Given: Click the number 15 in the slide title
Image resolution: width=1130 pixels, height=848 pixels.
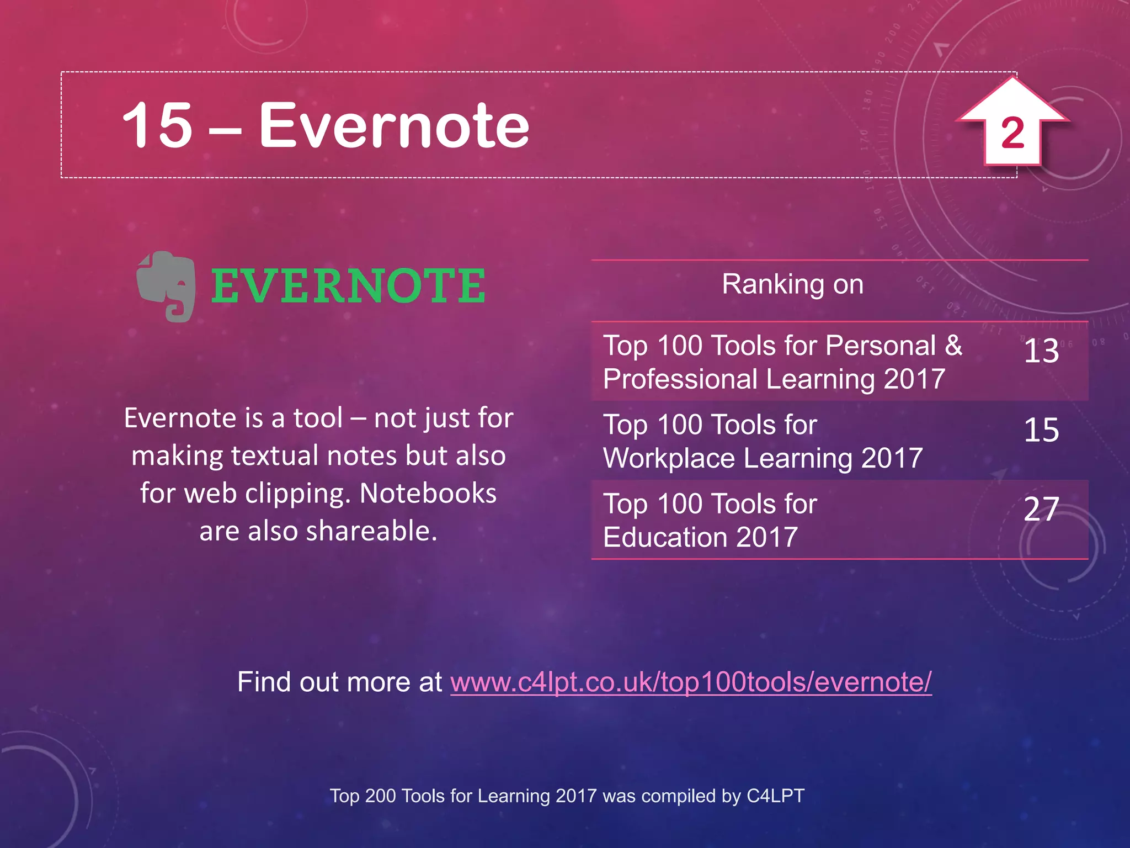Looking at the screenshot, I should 157,125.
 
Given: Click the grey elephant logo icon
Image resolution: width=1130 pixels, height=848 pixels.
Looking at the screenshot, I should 166,285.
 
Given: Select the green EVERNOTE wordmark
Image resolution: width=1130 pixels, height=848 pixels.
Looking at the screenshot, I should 348,285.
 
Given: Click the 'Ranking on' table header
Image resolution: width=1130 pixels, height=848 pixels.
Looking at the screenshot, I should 792,284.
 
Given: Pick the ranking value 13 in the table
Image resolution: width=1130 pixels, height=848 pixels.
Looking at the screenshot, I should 1041,351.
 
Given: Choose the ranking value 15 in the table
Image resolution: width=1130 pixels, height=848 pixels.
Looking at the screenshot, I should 1041,430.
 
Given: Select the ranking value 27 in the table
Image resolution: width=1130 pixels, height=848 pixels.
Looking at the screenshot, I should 1041,509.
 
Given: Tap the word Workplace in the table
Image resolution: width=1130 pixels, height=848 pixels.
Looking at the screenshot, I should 669,458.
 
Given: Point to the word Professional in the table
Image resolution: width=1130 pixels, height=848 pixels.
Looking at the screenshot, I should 680,379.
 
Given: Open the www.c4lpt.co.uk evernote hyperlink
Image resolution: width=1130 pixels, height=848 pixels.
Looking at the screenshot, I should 691,682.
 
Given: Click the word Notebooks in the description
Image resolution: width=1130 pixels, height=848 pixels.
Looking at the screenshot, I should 428,493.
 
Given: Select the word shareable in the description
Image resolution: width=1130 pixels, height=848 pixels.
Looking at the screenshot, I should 371,531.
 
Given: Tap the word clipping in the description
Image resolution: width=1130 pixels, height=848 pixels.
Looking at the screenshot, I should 297,494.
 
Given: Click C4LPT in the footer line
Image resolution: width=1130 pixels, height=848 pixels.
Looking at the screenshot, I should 775,796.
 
